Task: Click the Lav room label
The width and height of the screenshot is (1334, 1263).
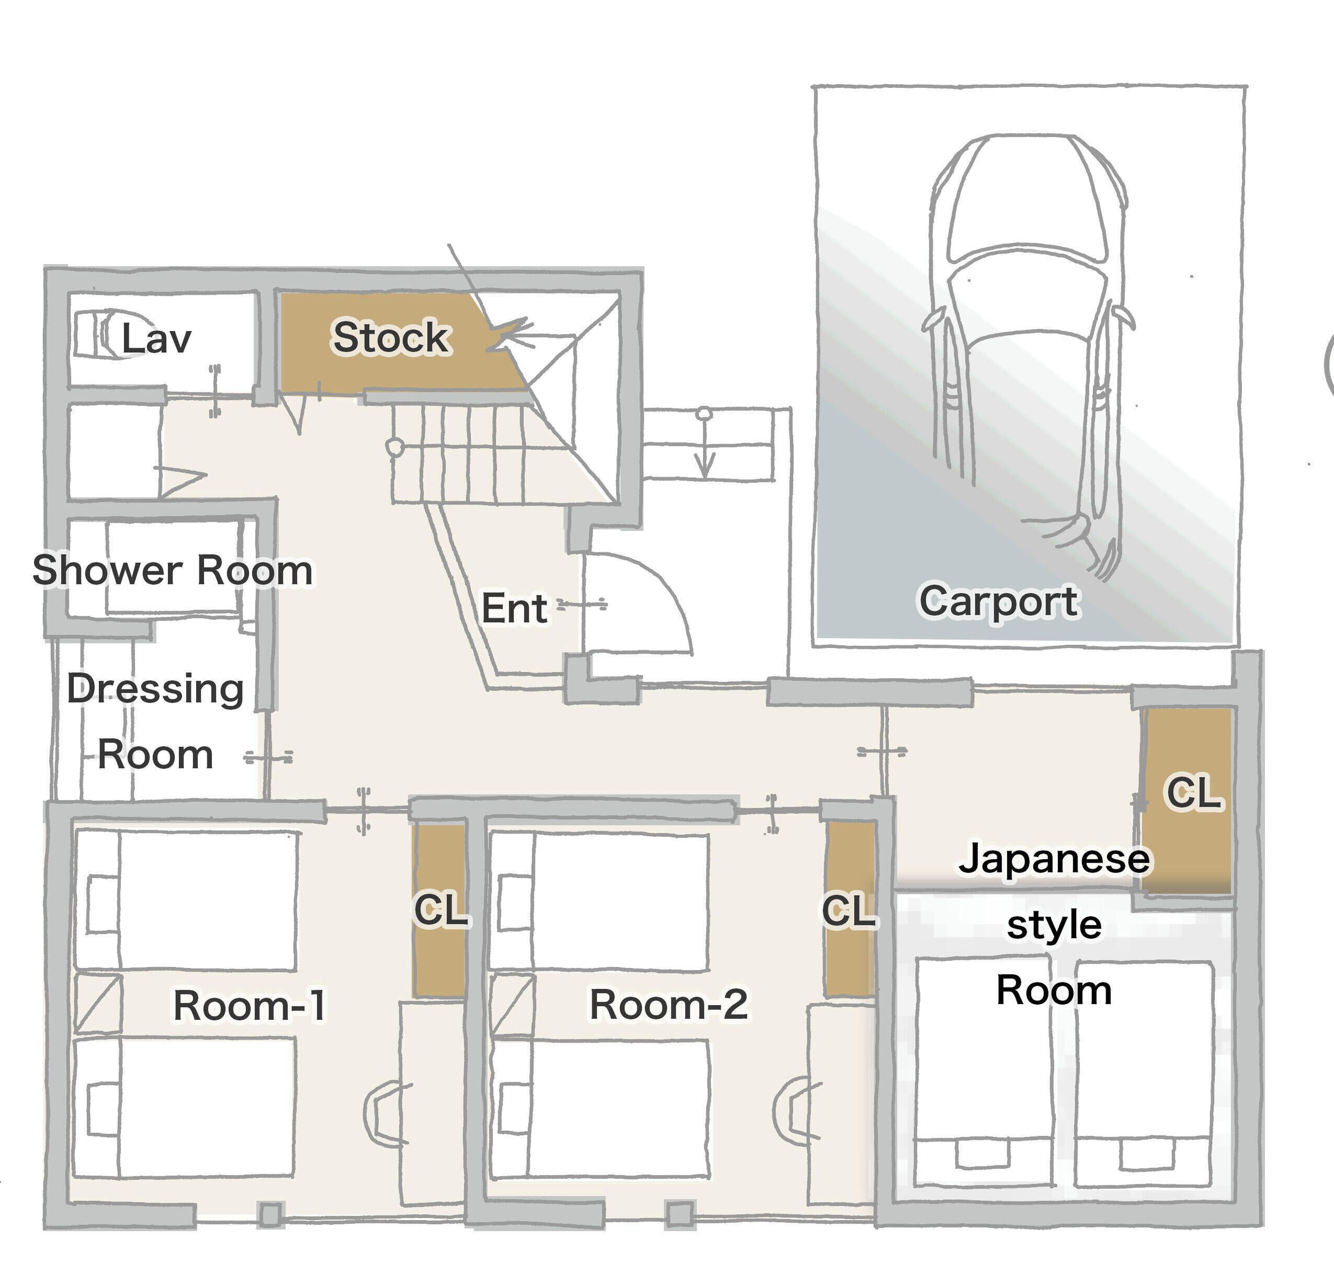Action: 156,338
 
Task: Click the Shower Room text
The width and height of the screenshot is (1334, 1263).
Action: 172,571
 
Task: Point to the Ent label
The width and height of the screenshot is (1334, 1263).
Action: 514,608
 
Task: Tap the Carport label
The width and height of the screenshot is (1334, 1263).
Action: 999,601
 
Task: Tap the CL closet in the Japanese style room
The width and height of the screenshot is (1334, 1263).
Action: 1189,801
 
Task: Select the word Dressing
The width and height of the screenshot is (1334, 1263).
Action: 155,690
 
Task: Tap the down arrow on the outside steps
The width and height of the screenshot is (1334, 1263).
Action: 704,444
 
